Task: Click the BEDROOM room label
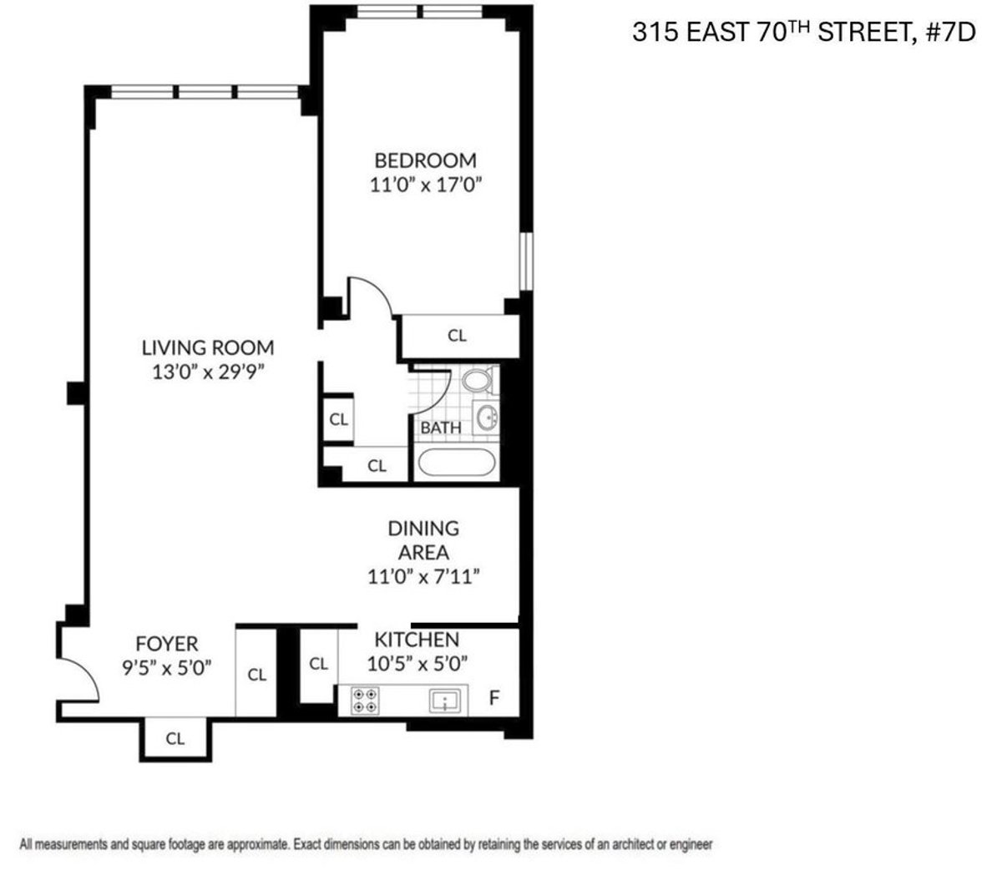pos(425,160)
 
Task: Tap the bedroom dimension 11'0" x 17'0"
pos(426,185)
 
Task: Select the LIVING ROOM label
pos(207,347)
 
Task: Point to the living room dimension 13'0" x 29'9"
pos(207,372)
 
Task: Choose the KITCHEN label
pos(416,640)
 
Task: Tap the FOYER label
pos(167,644)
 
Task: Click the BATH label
pos(440,428)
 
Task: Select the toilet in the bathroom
pos(478,382)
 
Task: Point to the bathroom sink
pos(486,417)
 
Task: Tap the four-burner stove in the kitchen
pos(366,700)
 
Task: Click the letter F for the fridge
pos(494,697)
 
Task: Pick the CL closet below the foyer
pos(175,738)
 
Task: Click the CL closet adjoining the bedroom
pos(457,336)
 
